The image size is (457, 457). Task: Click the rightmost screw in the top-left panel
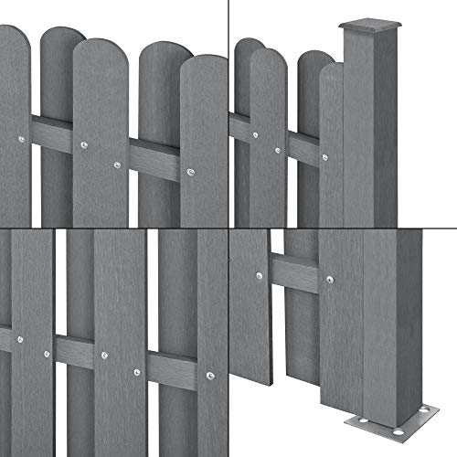[x=191, y=174]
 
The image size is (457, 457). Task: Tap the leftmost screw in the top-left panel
[x=22, y=140]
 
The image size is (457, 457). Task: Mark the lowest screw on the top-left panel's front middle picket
[x=117, y=165]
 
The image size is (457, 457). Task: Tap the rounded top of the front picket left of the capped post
[x=329, y=69]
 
